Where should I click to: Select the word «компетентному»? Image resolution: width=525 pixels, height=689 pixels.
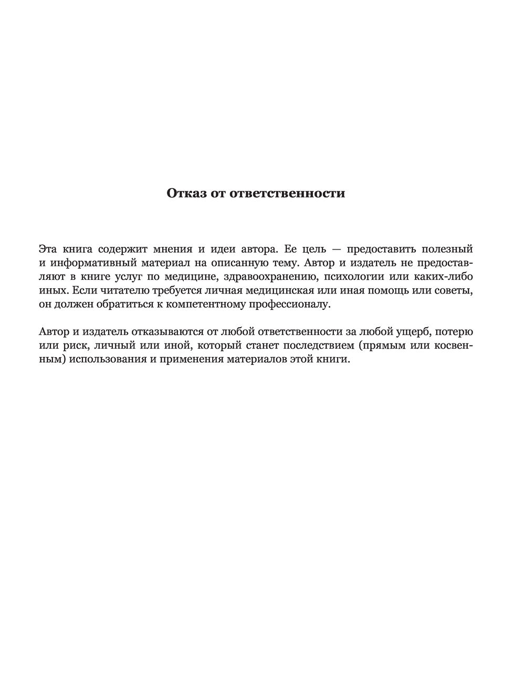click(x=208, y=304)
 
